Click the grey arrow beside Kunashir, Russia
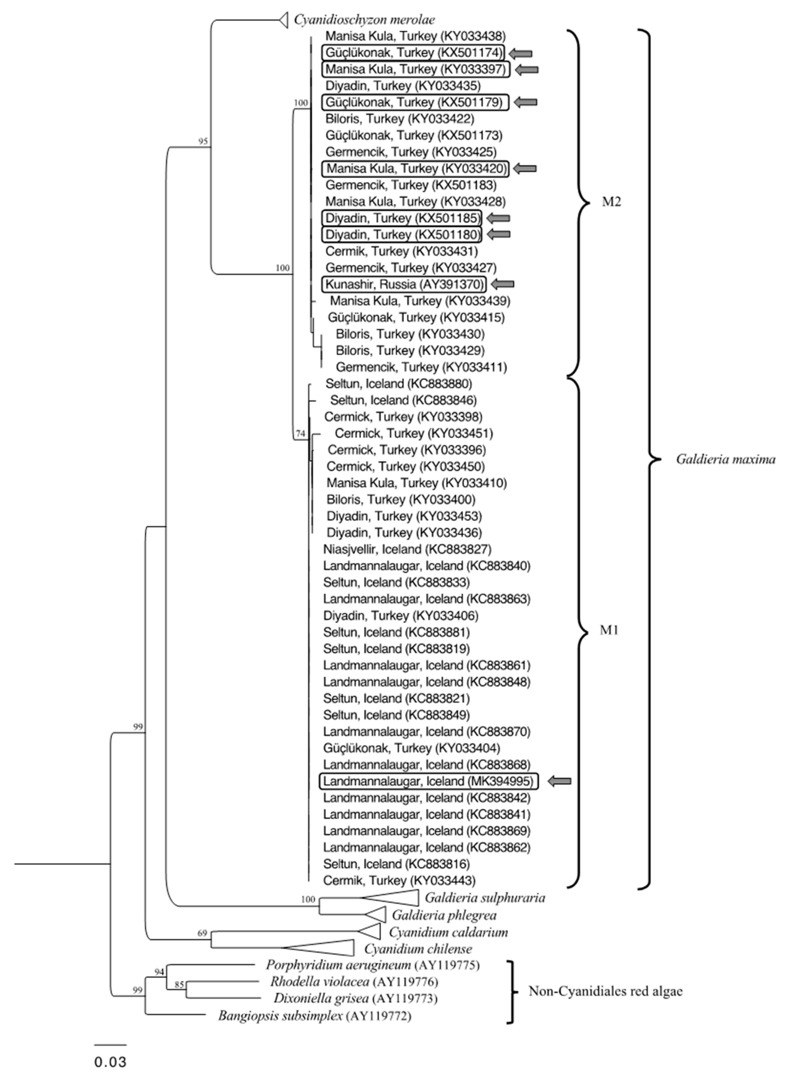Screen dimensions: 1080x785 [502, 284]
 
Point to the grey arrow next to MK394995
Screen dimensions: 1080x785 [559, 781]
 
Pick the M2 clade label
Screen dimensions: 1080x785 [611, 202]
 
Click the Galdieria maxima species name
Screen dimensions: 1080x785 [725, 459]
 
